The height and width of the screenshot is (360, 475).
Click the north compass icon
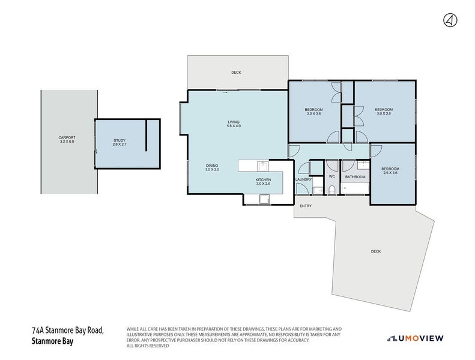click(449, 20)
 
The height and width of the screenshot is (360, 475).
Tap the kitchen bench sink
click(262, 166)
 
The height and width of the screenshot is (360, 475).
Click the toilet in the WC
click(331, 190)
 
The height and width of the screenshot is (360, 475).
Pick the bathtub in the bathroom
click(355, 190)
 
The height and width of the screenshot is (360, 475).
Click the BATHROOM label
click(355, 177)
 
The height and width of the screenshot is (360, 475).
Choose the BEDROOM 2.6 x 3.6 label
click(390, 170)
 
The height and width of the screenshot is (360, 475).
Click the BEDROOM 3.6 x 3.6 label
click(383, 111)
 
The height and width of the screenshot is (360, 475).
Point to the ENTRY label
click(306, 206)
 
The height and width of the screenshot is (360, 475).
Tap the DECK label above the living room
click(236, 73)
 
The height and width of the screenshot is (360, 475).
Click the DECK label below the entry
click(376, 251)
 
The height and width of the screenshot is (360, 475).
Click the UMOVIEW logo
click(415, 338)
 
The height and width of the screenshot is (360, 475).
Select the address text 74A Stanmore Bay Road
click(68, 331)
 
